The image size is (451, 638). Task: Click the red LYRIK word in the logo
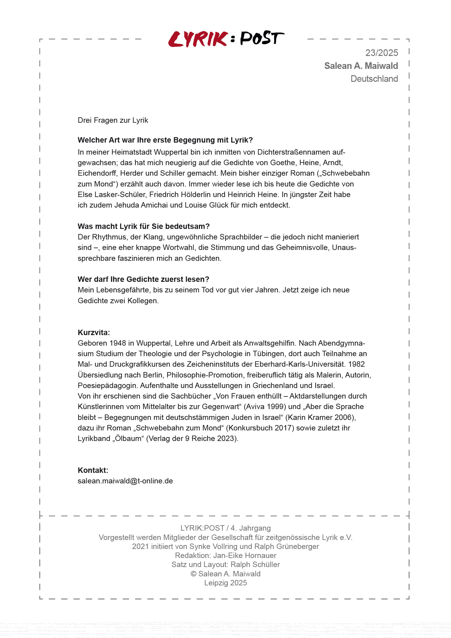pos(198,39)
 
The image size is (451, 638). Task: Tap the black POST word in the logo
pos(262,38)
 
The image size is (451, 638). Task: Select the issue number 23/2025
pos(382,53)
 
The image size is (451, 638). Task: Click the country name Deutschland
pos(374,79)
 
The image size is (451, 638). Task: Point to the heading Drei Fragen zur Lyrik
pos(113,120)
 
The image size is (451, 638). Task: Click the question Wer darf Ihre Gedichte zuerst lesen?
pos(143,279)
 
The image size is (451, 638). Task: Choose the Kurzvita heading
pos(94,332)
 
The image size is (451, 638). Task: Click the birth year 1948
pos(118,343)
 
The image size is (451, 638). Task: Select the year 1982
pos(356,364)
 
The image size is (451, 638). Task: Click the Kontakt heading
pos(93,470)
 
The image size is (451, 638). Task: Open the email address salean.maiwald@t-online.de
pos(125,481)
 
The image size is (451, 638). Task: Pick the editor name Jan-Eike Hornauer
pos(245,555)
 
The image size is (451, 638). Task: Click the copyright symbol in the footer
pos(193,574)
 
